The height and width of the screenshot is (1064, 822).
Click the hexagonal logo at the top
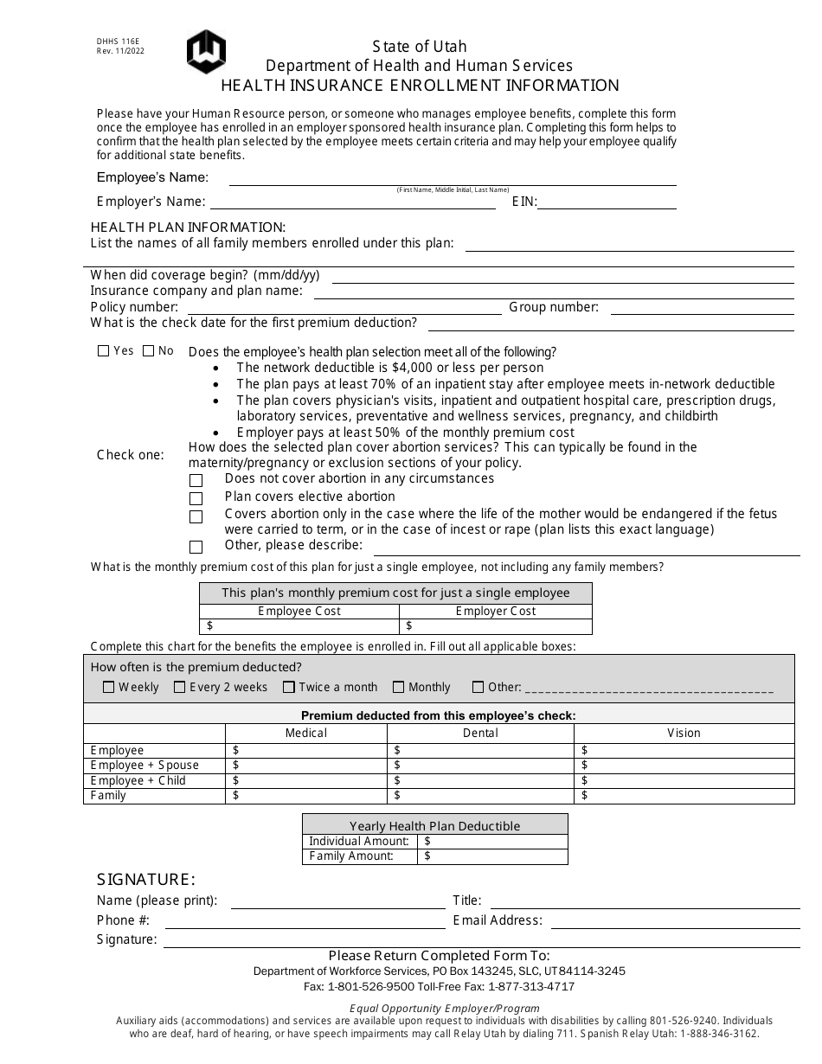point(206,52)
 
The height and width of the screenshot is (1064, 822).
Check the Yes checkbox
point(104,351)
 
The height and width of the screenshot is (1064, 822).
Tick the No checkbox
point(149,351)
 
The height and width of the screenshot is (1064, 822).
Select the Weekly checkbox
point(109,687)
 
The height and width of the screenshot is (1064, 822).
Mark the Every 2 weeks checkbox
point(180,687)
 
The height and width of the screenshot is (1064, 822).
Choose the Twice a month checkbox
point(289,687)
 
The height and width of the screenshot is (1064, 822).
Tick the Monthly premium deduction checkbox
point(399,687)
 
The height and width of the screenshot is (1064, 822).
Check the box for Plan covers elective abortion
point(196,498)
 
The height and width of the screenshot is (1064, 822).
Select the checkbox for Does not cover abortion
point(196,480)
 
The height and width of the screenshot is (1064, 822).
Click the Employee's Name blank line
point(452,181)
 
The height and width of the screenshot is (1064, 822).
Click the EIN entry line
point(607,204)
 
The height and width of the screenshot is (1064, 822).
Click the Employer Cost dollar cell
point(495,626)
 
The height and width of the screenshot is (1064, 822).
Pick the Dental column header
point(480,733)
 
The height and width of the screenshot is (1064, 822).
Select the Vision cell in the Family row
point(684,796)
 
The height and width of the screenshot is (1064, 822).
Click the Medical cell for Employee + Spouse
point(306,766)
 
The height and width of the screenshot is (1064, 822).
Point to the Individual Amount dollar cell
point(491,841)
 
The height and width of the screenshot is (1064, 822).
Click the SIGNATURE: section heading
point(145,880)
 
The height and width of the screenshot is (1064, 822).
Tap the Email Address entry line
point(675,924)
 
